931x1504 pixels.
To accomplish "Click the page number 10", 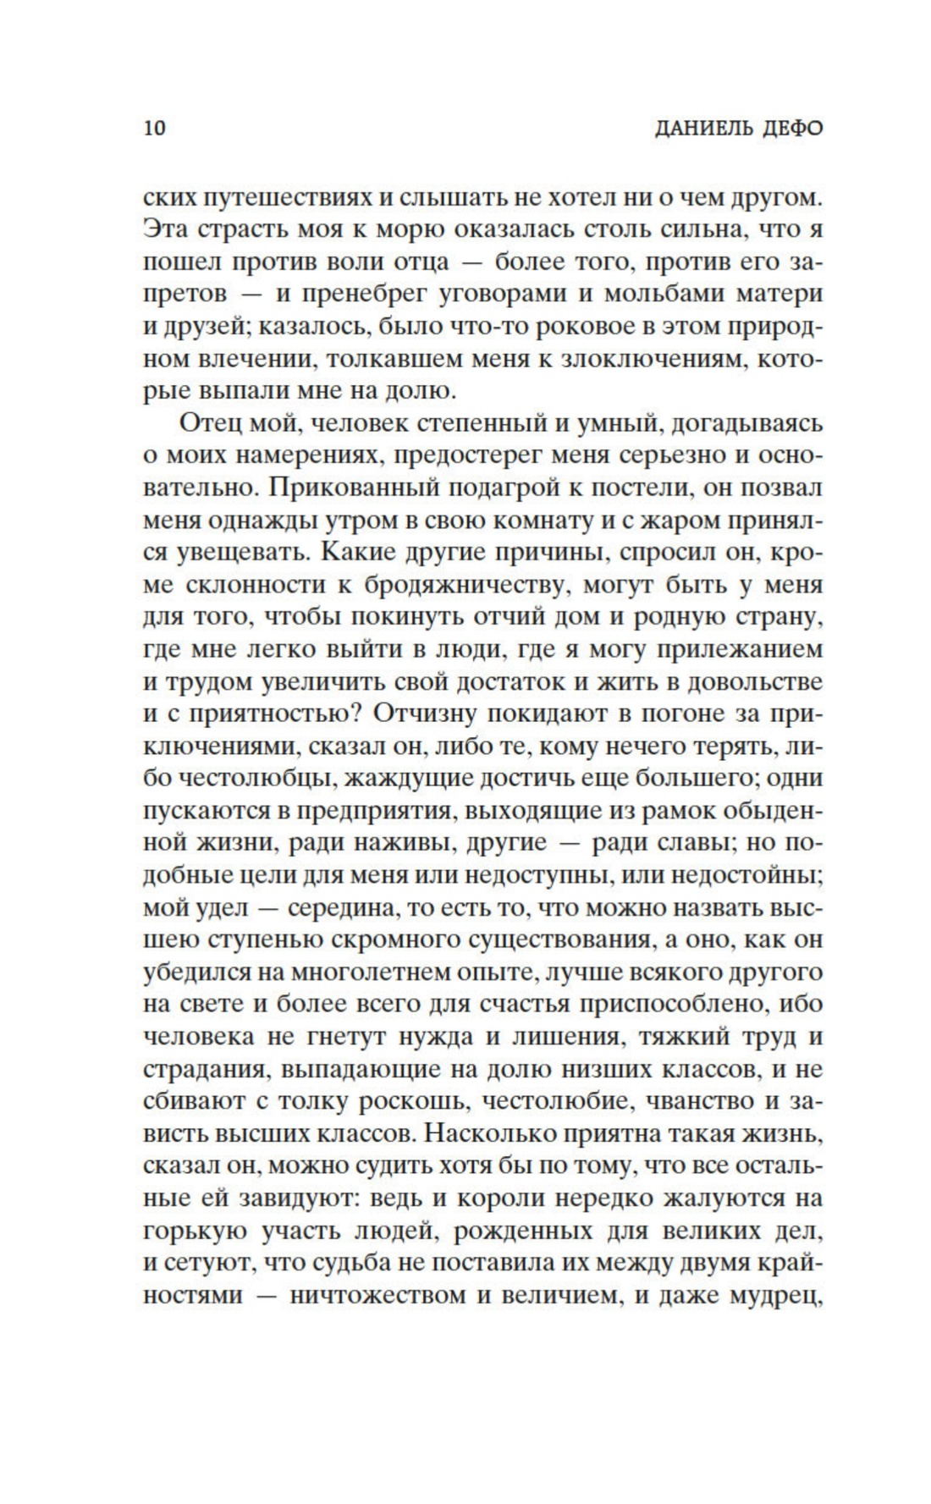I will pos(155,129).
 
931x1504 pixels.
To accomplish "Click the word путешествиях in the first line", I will pos(284,196).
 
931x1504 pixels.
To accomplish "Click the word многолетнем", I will pos(405,973).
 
